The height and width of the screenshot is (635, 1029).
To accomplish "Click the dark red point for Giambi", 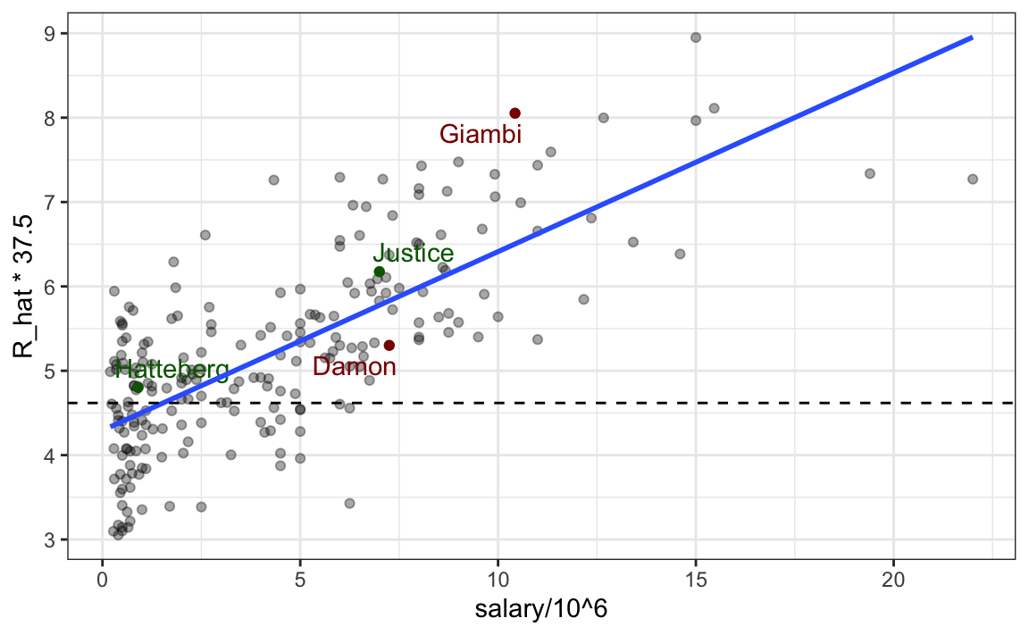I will click(x=515, y=113).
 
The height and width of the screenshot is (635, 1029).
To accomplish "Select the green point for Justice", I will click(x=379, y=272).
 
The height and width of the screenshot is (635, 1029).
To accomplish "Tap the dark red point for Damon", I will click(x=389, y=345).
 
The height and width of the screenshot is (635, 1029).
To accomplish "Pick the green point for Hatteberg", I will click(x=138, y=387).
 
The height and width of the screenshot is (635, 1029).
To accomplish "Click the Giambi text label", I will click(x=481, y=135).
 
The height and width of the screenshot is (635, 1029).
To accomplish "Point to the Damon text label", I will click(x=355, y=366).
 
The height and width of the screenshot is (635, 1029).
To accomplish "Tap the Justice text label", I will click(x=413, y=254).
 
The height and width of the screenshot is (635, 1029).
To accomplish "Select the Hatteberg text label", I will click(x=171, y=369).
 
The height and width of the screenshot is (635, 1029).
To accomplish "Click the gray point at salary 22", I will click(x=973, y=179).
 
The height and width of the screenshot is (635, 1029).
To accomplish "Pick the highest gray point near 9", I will click(x=696, y=37).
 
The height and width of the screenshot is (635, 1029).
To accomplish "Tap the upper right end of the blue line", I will click(x=972, y=38).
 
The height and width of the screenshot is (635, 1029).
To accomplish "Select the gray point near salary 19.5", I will click(x=870, y=173).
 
